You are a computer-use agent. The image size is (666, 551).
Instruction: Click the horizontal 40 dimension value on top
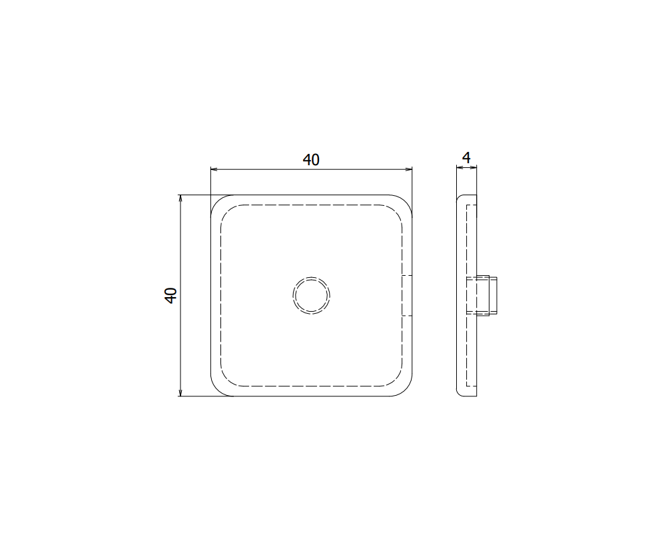[311, 160]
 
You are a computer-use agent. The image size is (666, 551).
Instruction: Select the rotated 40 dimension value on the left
[170, 295]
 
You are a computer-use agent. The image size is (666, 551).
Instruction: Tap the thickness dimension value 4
[466, 158]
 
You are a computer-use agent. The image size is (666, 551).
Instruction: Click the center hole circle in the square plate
[311, 295]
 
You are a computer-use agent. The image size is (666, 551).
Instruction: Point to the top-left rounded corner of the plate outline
[218, 202]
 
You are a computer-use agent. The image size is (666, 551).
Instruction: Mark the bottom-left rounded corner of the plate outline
[218, 390]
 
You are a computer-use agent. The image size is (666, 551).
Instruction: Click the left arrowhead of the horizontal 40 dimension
[214, 170]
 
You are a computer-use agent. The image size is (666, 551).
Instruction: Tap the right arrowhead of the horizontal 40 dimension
[408, 170]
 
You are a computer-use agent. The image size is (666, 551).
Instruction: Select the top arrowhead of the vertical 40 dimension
[180, 199]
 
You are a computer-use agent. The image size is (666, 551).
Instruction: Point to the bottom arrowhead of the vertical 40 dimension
[180, 392]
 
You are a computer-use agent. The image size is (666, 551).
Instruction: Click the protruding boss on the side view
[489, 295]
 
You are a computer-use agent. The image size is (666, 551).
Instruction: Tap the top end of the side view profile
[467, 197]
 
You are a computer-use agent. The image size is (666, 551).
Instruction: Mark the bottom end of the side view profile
[467, 394]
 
